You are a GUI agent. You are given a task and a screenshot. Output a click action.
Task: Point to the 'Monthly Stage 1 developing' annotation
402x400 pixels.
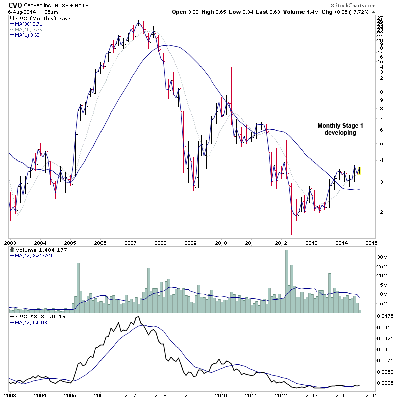336,129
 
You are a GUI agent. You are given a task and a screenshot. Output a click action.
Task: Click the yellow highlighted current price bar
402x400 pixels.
360,170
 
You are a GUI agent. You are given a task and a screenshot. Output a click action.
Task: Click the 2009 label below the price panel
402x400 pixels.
191,242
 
